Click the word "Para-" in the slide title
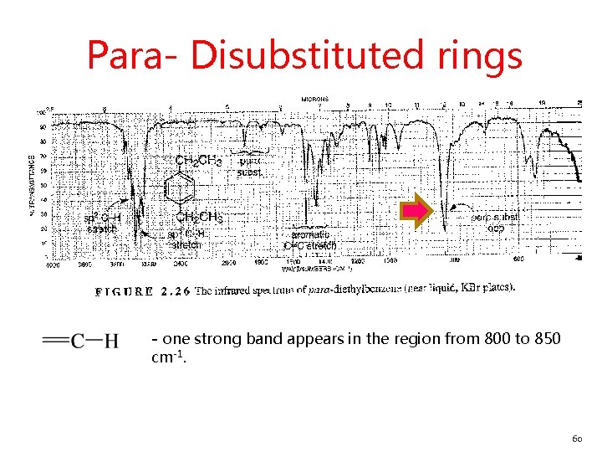[x=133, y=56]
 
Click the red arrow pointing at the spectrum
[x=416, y=210]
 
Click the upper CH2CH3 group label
[x=198, y=160]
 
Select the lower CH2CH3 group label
[x=198, y=218]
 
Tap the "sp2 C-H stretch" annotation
[x=104, y=223]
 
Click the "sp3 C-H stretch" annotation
[x=186, y=240]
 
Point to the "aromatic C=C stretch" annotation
[x=310, y=240]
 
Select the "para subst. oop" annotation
[x=495, y=222]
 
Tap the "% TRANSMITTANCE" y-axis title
[x=32, y=184]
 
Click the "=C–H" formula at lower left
[x=80, y=340]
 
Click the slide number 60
[x=576, y=438]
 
